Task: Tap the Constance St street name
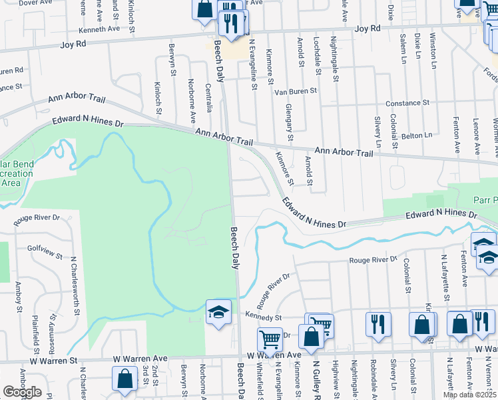[408, 103]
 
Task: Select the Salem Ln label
[403, 49]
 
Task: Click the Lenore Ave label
[477, 137]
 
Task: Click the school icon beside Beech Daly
[218, 313]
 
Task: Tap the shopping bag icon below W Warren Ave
[124, 379]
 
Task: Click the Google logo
[22, 392]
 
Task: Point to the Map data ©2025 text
[470, 395]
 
